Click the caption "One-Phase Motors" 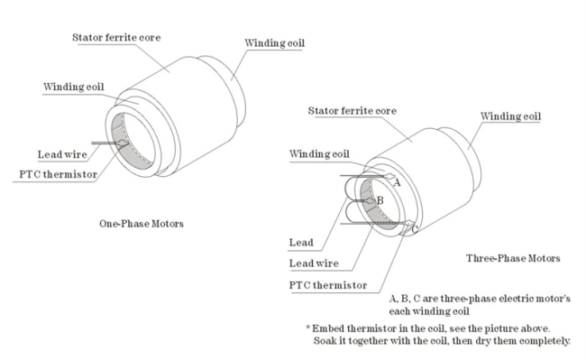point(142,224)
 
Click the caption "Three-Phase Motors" point(513,258)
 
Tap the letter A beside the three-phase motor point(397,182)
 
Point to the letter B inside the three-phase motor point(380,200)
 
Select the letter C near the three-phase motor point(415,229)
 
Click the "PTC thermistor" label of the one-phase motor point(59,174)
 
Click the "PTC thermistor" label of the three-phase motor point(328,285)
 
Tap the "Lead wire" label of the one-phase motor point(62,154)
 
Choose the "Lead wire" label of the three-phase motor point(314,263)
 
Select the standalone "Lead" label point(301,242)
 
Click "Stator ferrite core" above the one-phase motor point(116,37)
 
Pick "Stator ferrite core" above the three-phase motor point(352,111)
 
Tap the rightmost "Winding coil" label point(510,116)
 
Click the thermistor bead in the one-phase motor point(122,143)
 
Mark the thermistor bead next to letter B point(371,201)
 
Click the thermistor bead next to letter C point(409,224)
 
